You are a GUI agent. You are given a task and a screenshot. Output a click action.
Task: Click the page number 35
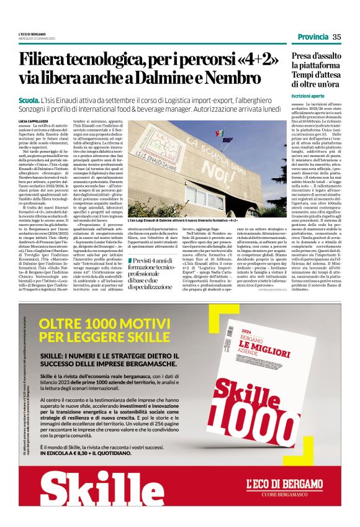click(336, 37)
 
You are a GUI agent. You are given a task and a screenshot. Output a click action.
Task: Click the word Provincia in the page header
click(312, 37)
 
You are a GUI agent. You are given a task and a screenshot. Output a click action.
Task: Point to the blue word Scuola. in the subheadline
click(28, 99)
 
